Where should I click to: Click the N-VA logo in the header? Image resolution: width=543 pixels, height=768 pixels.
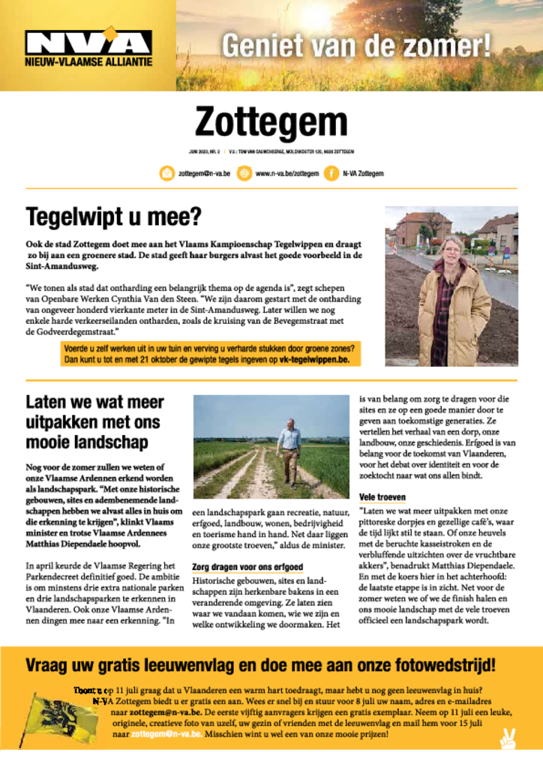click(x=88, y=41)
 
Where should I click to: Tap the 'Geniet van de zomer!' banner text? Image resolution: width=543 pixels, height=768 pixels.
click(x=355, y=46)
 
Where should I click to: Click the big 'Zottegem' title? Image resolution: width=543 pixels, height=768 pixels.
click(x=271, y=123)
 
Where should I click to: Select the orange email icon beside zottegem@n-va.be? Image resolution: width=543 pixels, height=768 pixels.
click(x=166, y=173)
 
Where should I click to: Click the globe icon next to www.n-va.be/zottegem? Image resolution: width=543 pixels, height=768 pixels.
click(x=244, y=173)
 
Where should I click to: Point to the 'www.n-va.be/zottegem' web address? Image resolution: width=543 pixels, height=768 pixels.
click(x=286, y=173)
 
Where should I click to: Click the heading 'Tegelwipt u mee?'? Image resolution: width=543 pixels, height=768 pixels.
click(x=114, y=217)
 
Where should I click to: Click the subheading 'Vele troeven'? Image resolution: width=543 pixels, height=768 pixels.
click(x=382, y=497)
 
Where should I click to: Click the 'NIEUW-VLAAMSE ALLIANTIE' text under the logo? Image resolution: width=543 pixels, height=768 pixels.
click(x=88, y=61)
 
